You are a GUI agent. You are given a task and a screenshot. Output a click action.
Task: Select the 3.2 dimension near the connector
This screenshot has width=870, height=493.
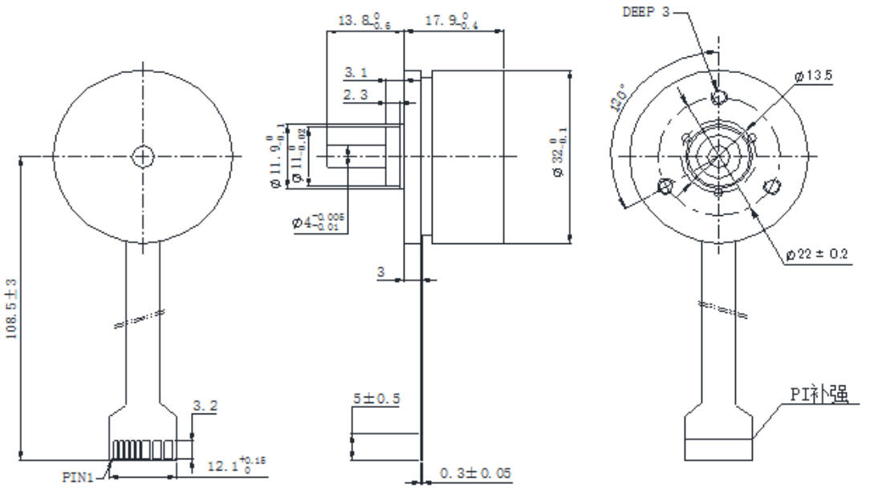(x=204, y=407)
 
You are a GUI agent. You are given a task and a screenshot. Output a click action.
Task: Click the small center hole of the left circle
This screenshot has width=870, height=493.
(x=143, y=156)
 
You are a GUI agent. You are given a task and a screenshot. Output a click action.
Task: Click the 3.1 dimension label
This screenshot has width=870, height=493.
(x=356, y=73)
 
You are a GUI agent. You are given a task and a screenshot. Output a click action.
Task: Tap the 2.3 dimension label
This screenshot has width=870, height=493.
(x=356, y=95)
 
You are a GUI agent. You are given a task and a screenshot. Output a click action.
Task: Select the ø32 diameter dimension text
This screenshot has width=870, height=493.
(x=559, y=156)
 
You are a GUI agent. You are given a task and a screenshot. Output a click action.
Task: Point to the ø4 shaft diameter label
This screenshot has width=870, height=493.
(x=319, y=222)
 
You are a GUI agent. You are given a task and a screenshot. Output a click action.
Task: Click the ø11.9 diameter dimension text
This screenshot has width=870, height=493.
(x=277, y=157)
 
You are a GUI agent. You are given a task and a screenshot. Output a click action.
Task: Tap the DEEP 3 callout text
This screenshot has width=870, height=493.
(x=645, y=11)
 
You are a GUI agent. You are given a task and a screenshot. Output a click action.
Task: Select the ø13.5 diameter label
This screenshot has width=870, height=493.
(x=813, y=75)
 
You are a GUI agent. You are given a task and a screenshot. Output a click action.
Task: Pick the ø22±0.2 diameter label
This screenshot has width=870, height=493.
(x=819, y=254)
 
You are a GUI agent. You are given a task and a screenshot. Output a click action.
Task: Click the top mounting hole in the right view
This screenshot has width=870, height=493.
(x=720, y=97)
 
